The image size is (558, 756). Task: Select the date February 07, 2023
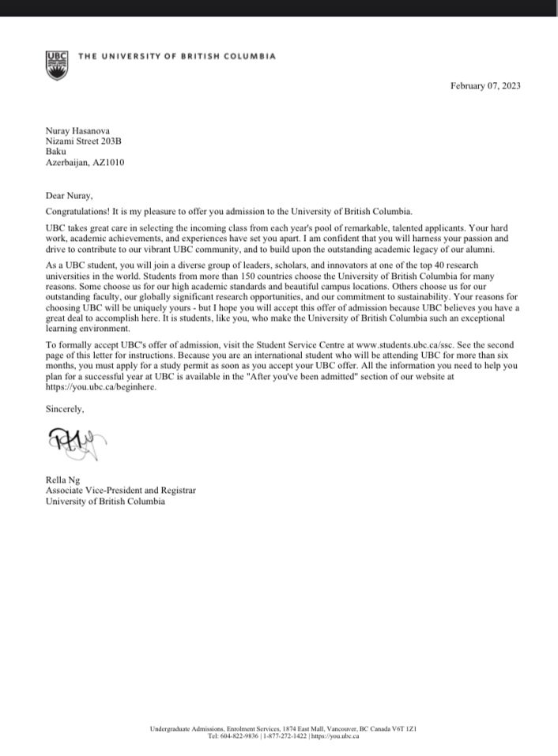coord(485,86)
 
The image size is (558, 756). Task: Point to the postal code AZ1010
coord(109,162)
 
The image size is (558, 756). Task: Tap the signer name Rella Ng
coord(63,480)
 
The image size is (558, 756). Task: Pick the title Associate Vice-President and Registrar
coord(120,491)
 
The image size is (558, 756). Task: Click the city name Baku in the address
coord(56,151)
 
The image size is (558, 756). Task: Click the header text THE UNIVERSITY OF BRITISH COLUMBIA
coord(177,57)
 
